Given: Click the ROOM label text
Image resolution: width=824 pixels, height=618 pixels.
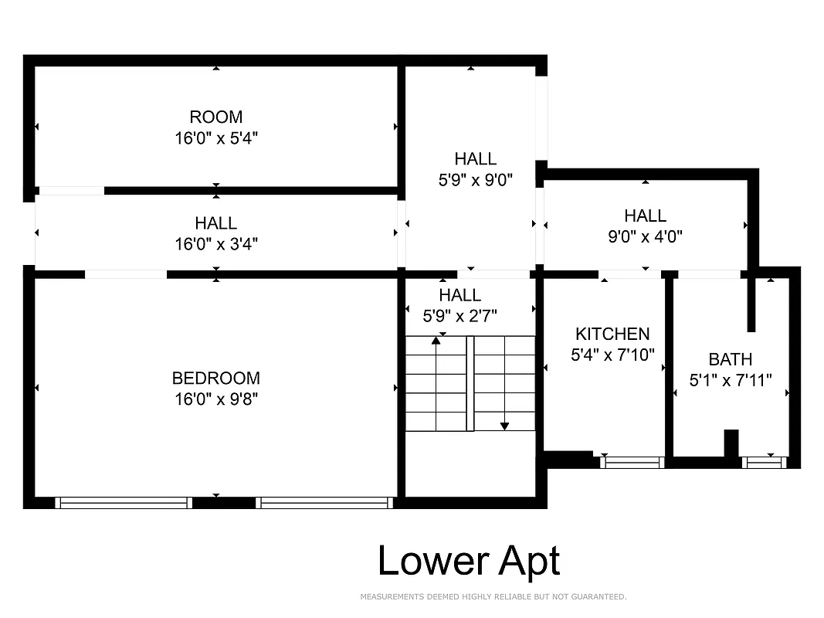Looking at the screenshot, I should click(215, 117).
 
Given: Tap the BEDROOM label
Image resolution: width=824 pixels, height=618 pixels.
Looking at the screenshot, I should click(215, 379).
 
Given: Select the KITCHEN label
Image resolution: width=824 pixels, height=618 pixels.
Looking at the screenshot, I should click(612, 334).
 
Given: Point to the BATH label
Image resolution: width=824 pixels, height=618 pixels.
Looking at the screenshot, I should click(730, 360).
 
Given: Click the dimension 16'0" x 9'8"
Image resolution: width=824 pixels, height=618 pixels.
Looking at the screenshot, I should click(215, 399).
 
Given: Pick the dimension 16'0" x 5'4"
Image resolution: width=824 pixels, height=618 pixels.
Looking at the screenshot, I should click(215, 138).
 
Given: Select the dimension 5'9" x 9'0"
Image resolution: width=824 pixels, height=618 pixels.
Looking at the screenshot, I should click(475, 180).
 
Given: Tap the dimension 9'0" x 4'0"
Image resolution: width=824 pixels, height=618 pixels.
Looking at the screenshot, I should click(645, 236).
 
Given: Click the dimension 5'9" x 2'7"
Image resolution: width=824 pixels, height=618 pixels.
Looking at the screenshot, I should click(459, 315).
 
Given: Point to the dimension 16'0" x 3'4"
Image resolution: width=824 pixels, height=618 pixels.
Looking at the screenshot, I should click(215, 244).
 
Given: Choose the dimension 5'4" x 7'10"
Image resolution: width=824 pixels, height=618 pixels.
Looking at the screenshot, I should click(612, 355).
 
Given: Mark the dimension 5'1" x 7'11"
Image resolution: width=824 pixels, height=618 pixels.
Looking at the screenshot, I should click(730, 380).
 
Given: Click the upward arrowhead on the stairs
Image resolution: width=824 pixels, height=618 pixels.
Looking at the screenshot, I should click(436, 339).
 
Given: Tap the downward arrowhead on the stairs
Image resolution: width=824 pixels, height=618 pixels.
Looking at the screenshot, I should click(504, 425).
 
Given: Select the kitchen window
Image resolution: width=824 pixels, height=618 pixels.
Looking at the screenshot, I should click(632, 463).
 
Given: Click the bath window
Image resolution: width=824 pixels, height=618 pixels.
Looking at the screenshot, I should click(763, 463).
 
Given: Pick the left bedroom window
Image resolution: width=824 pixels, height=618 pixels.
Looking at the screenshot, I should click(124, 503).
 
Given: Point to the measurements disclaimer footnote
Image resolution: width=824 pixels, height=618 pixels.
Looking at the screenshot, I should click(493, 597).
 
